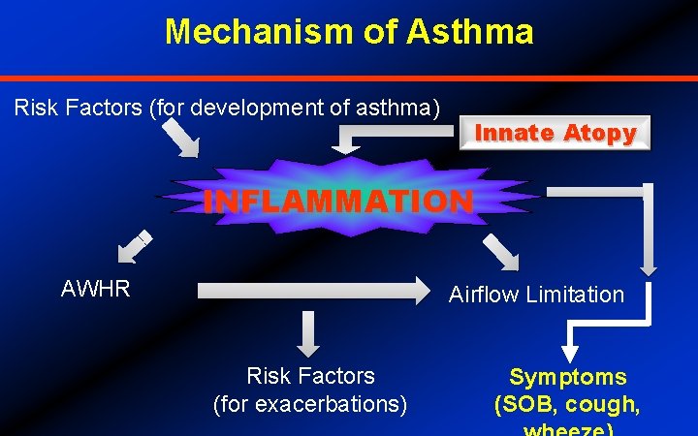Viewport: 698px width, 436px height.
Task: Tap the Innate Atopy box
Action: coord(555,134)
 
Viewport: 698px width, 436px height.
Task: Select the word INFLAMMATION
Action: coord(338,202)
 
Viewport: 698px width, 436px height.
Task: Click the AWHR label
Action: coord(95,289)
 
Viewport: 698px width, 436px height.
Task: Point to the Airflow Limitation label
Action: coord(536,295)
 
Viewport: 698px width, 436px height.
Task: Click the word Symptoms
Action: coord(568,377)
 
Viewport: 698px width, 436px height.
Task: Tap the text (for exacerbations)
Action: coord(310,403)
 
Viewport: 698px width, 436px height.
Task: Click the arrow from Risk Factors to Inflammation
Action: coord(178,137)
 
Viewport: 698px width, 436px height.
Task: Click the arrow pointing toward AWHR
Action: coord(133,247)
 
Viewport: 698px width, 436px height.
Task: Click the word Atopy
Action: coord(599,134)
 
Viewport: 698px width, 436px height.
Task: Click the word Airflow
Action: coord(482,295)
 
